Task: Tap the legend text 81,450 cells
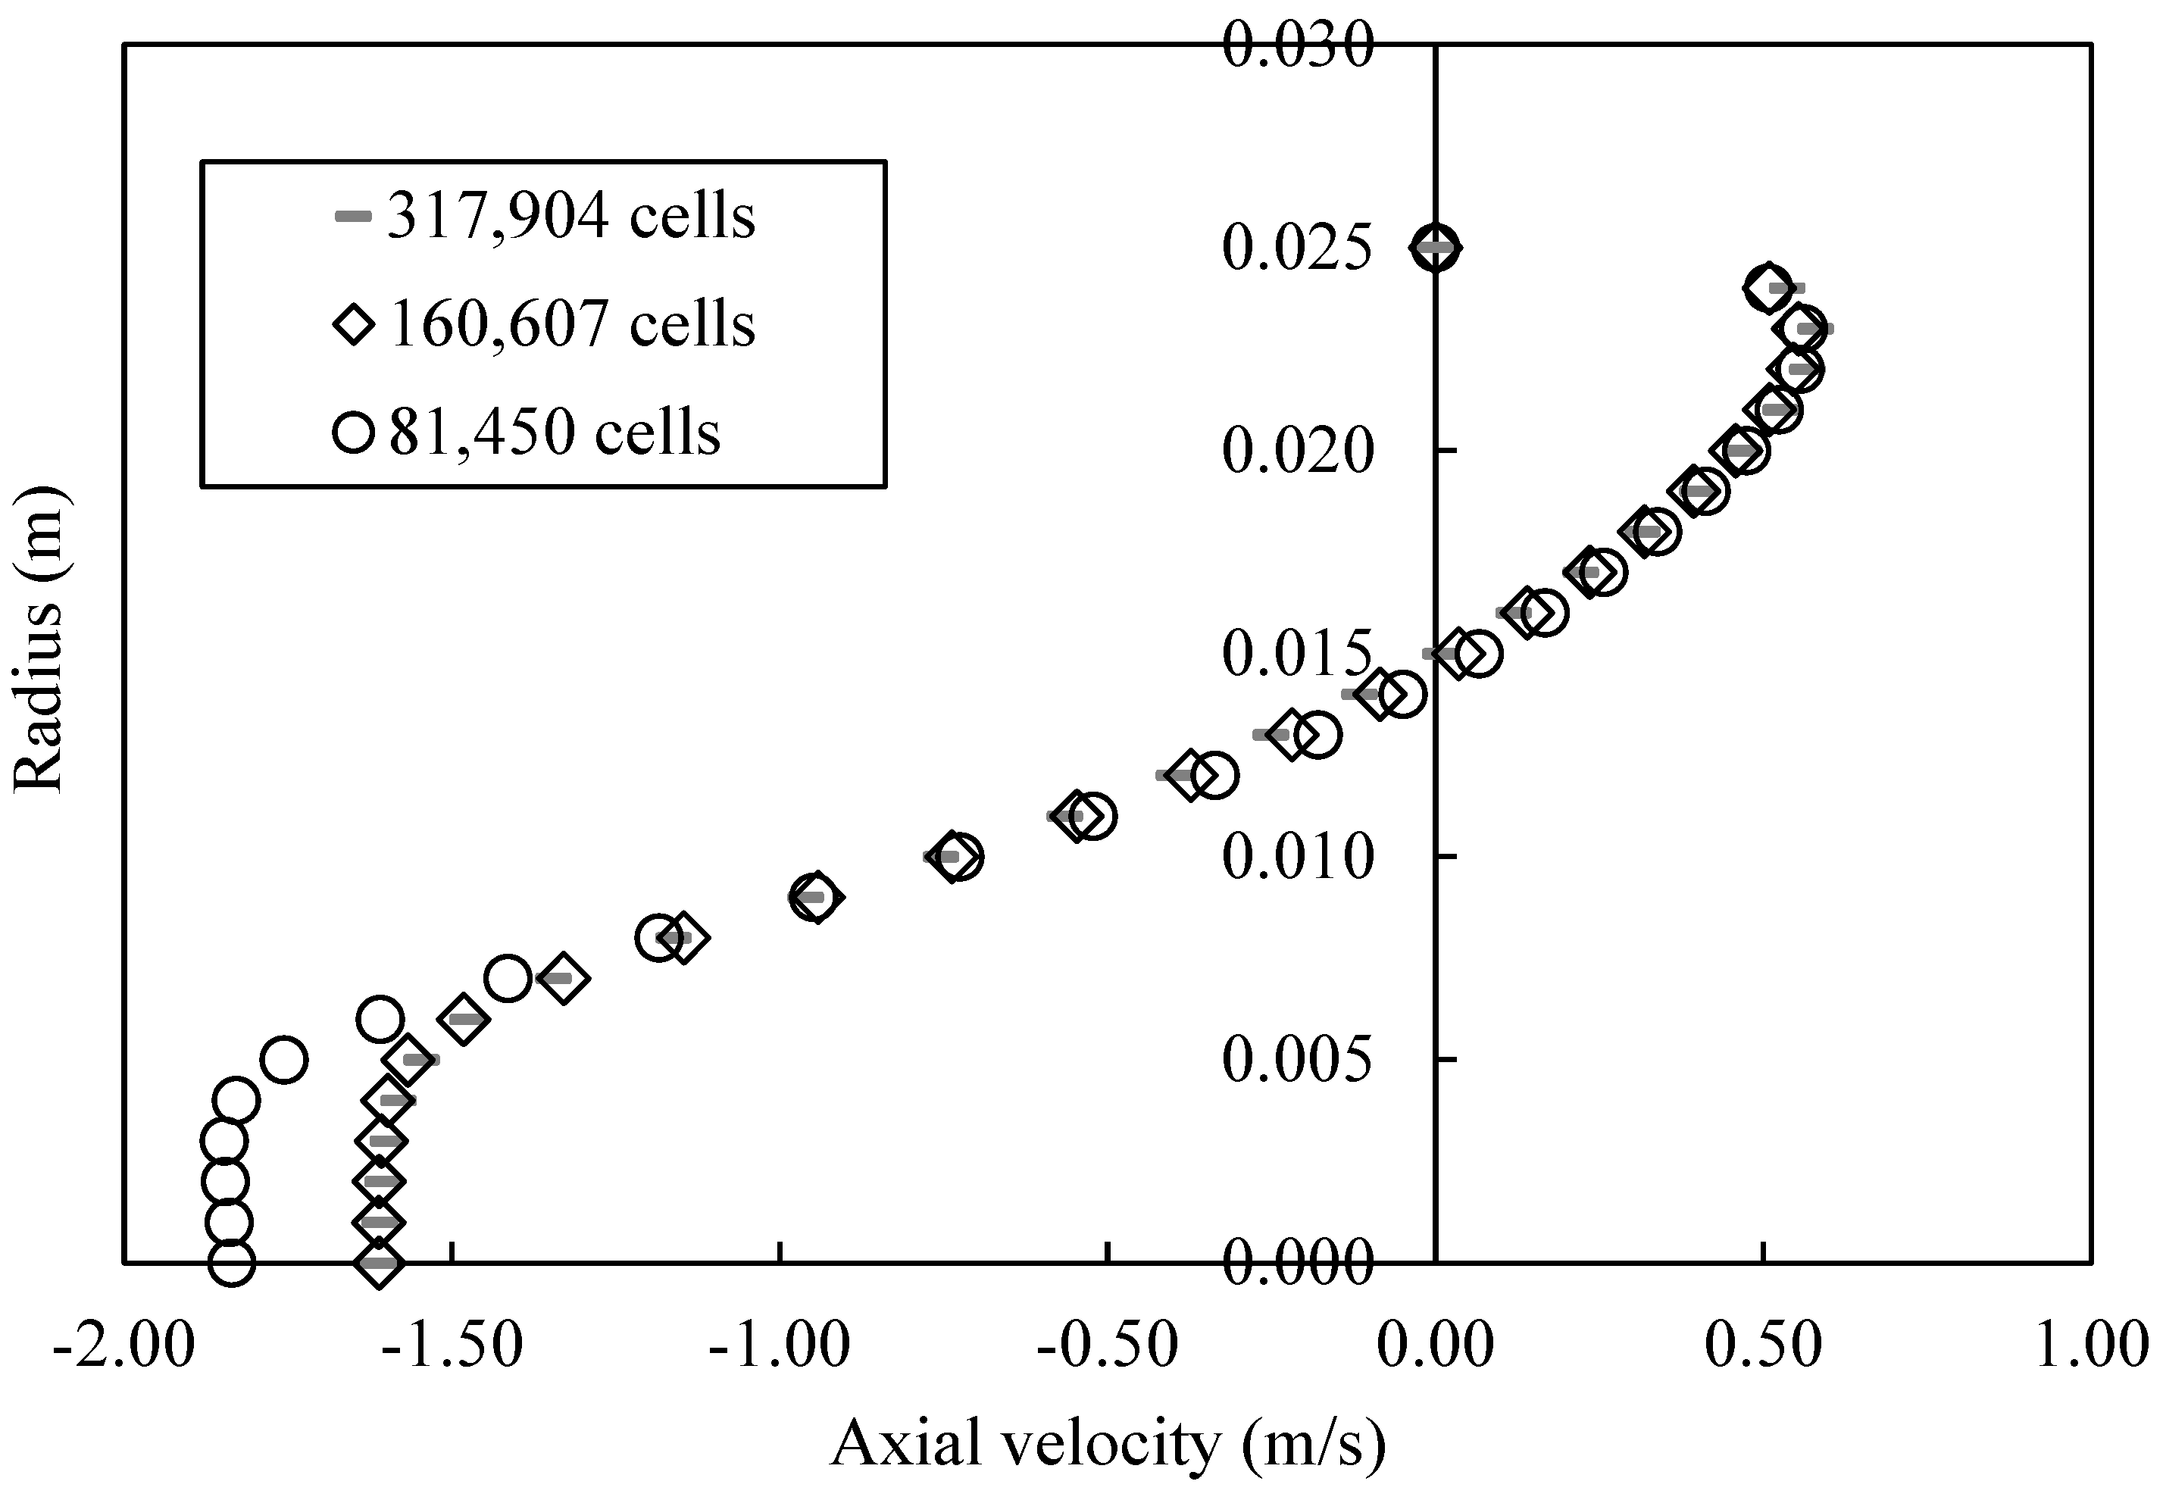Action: click(555, 433)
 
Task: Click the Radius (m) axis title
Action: click(39, 639)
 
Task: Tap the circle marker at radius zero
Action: click(231, 1263)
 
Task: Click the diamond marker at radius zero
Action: click(379, 1263)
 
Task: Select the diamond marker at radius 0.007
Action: click(562, 978)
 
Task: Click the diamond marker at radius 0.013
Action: click(1291, 735)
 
